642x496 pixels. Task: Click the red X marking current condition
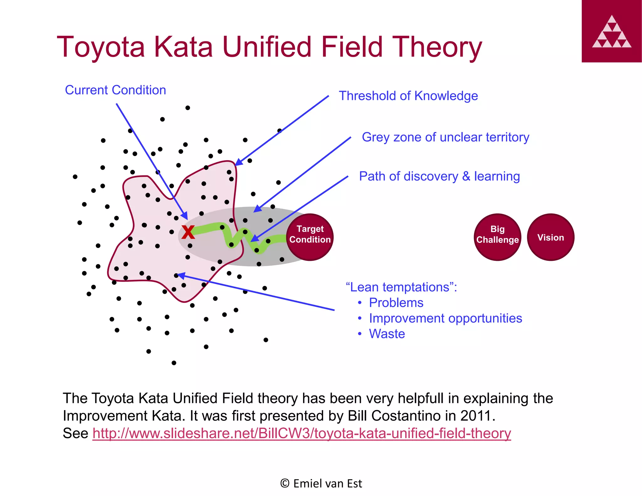click(x=188, y=233)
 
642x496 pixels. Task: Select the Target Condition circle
click(x=310, y=237)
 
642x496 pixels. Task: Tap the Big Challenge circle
click(x=497, y=237)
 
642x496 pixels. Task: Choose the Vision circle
click(x=550, y=237)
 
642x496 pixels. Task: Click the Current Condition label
click(x=115, y=90)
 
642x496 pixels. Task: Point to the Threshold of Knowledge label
click(x=408, y=96)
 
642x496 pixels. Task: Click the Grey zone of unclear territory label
click(x=445, y=137)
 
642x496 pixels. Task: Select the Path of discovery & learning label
click(x=439, y=177)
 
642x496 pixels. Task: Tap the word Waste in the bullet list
click(x=387, y=334)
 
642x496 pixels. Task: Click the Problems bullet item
click(x=396, y=303)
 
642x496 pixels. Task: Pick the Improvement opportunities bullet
click(x=445, y=319)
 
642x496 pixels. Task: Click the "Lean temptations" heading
click(x=401, y=287)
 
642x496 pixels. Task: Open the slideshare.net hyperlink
click(x=302, y=434)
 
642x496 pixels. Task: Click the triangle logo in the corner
click(x=612, y=31)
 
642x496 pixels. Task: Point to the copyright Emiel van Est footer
click(x=321, y=483)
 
